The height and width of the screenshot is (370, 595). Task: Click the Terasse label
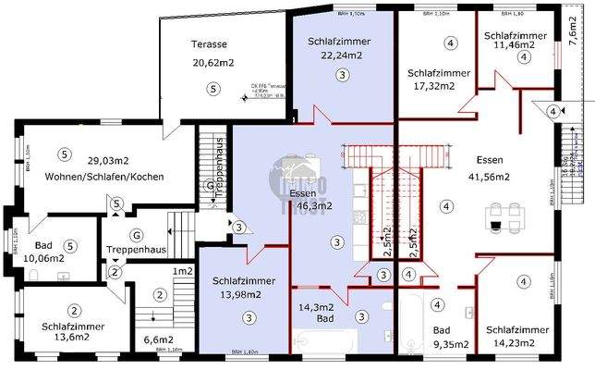click(210, 44)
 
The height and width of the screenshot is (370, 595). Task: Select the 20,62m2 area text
click(212, 63)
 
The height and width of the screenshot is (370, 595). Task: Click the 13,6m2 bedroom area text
click(65, 338)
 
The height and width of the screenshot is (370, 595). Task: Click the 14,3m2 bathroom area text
click(317, 306)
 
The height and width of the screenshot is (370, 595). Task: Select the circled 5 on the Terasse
click(213, 89)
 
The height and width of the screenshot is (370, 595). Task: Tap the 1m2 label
click(182, 271)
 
